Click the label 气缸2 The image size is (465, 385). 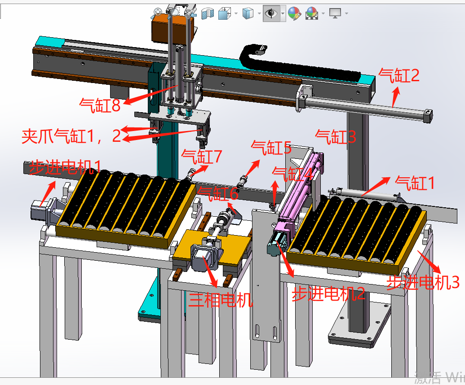pyautogui.click(x=399, y=75)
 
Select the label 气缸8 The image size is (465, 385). pyautogui.click(x=100, y=105)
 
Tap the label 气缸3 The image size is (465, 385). pyautogui.click(x=336, y=137)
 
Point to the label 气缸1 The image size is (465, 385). pyautogui.click(x=415, y=183)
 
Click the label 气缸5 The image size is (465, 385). pyautogui.click(x=271, y=148)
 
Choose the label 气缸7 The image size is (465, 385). pyautogui.click(x=202, y=156)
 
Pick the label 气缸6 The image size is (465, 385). pyautogui.click(x=218, y=194)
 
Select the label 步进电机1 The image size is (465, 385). pyautogui.click(x=65, y=167)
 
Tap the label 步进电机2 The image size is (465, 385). pyautogui.click(x=328, y=294)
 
